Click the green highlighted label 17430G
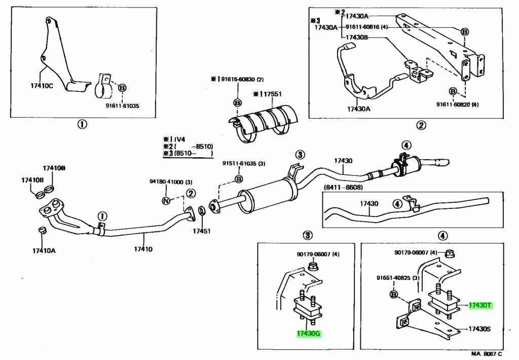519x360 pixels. tap(309, 334)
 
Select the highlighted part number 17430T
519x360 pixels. tap(479, 305)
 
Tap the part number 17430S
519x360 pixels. tap(479, 329)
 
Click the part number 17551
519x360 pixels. tap(271, 94)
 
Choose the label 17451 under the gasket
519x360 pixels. tap(201, 231)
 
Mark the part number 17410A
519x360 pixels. tap(44, 250)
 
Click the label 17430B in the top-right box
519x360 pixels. tap(357, 37)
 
